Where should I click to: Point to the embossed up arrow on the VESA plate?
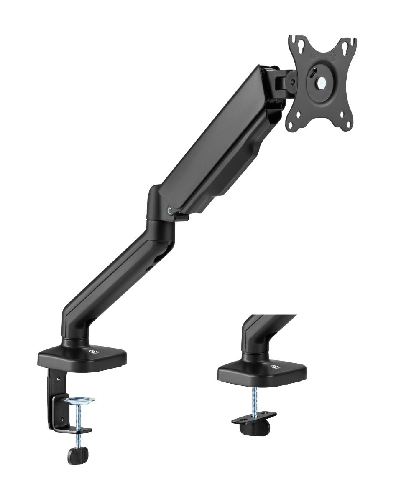point(333,56)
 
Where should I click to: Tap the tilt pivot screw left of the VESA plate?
point(292,81)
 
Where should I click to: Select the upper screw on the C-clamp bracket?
point(59,380)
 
